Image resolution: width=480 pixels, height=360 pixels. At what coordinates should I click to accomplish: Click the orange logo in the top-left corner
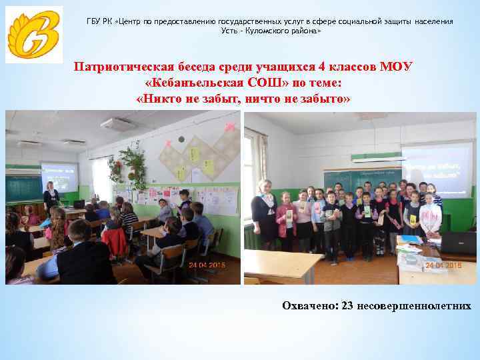pos(34,35)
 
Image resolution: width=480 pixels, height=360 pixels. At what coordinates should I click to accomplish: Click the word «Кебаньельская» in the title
pos(203,83)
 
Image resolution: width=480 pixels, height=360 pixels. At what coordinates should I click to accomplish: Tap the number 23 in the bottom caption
pos(347,306)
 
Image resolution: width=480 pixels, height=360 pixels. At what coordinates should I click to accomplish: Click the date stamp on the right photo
pos(444,265)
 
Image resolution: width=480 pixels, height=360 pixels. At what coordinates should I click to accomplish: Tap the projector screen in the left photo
pos(59,176)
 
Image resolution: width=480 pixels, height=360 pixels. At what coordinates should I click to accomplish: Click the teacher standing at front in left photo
pos(51,196)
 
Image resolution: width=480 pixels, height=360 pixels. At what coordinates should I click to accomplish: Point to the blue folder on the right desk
pos(411,239)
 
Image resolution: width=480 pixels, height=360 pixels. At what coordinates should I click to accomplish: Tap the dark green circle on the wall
pos(181,139)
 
